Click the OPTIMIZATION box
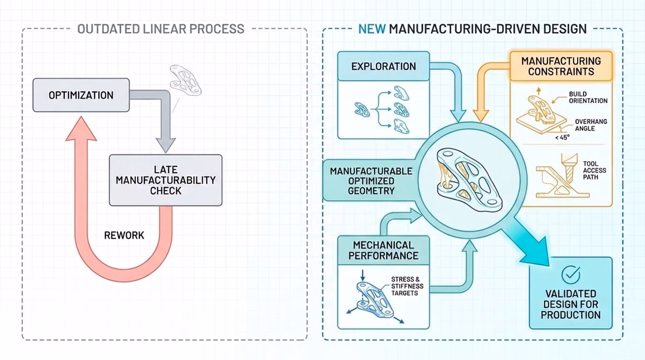(81, 95)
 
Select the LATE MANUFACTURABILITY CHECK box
(165, 180)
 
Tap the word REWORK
(124, 235)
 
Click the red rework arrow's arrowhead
(81, 129)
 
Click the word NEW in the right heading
(372, 29)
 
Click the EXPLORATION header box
(383, 66)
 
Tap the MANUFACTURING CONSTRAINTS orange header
(561, 66)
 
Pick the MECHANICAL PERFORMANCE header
(383, 251)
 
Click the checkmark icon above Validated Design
(571, 275)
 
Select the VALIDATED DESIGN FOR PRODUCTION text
(571, 304)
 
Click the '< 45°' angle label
(562, 138)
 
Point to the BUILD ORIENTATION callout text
(588, 97)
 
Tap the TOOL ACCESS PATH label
(594, 170)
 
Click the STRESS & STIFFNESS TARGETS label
(407, 286)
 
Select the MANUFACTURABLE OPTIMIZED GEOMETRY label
(371, 181)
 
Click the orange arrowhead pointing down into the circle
(481, 116)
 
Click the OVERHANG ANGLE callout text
(591, 125)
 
